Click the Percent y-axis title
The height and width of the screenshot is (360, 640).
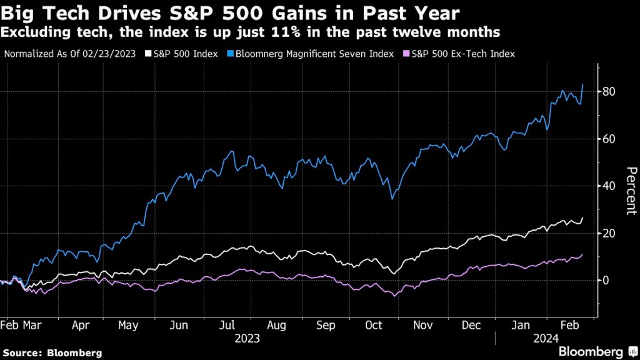631,191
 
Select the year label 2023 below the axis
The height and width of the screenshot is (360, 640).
247,339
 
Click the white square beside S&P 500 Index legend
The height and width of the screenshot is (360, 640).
149,54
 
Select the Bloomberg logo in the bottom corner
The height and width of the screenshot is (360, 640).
591,352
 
